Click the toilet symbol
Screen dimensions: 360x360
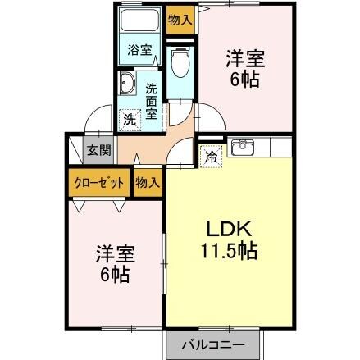pos(181,60)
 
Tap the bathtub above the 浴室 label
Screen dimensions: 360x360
pos(140,23)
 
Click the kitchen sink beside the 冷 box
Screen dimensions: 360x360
pos(243,148)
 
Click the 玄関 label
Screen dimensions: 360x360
pos(98,152)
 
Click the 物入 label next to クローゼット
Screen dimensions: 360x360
pos(147,183)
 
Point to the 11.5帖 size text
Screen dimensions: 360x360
pos(225,251)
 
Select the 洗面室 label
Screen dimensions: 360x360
pos(152,102)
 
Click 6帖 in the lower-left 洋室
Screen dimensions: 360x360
pos(112,275)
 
